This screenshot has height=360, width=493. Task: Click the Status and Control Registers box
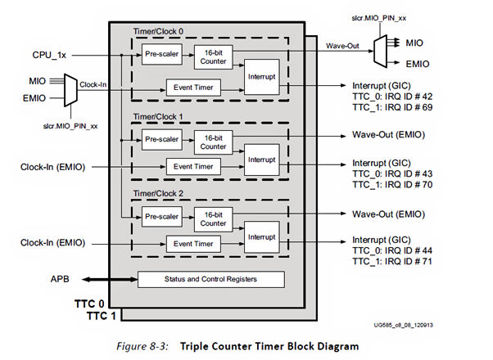click(210, 280)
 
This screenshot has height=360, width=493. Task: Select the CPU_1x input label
click(49, 55)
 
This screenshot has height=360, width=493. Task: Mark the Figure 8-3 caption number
click(145, 347)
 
